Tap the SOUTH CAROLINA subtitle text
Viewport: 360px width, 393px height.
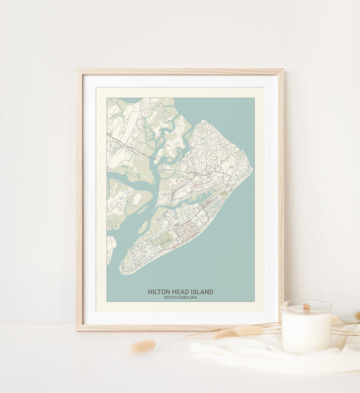click(180, 297)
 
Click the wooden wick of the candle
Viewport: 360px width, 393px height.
click(306, 307)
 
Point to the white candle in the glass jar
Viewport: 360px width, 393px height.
click(306, 329)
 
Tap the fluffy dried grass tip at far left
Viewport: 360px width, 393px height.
click(142, 346)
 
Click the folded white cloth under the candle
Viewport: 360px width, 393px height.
click(262, 354)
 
